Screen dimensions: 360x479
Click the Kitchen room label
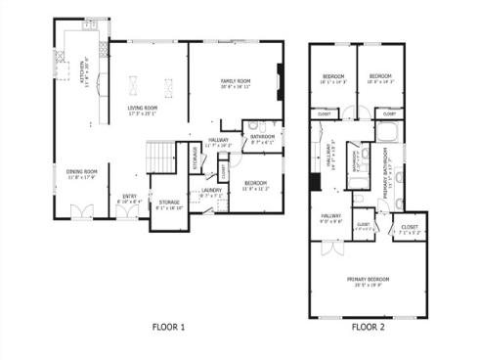pyautogui.click(x=84, y=73)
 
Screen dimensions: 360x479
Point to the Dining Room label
pyautogui.click(x=82, y=175)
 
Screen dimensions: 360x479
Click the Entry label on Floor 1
pyautogui.click(x=129, y=199)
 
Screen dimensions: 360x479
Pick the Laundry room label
pyautogui.click(x=211, y=193)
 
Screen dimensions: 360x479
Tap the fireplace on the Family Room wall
pyautogui.click(x=280, y=78)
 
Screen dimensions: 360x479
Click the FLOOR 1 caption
pyautogui.click(x=168, y=327)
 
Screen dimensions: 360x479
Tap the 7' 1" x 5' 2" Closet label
pyautogui.click(x=410, y=229)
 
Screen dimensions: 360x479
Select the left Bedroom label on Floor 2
pyautogui.click(x=333, y=78)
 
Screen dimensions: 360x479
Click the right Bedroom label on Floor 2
pyautogui.click(x=380, y=78)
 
